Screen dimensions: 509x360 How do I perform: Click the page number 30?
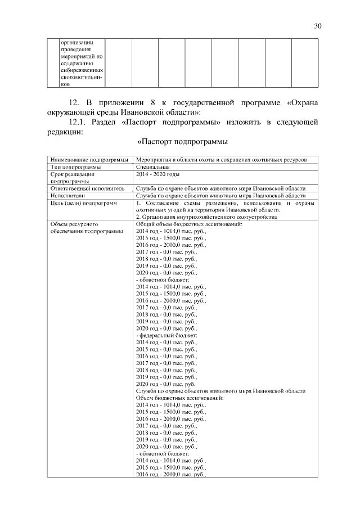(x=318, y=26)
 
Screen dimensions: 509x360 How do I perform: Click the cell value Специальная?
(x=152, y=167)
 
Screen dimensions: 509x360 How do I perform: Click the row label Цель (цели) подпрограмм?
(x=80, y=202)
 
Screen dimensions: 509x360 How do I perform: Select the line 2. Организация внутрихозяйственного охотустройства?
(x=205, y=217)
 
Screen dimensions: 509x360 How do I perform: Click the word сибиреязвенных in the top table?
(x=81, y=71)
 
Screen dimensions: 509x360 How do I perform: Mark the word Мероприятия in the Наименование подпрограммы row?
(x=156, y=160)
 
